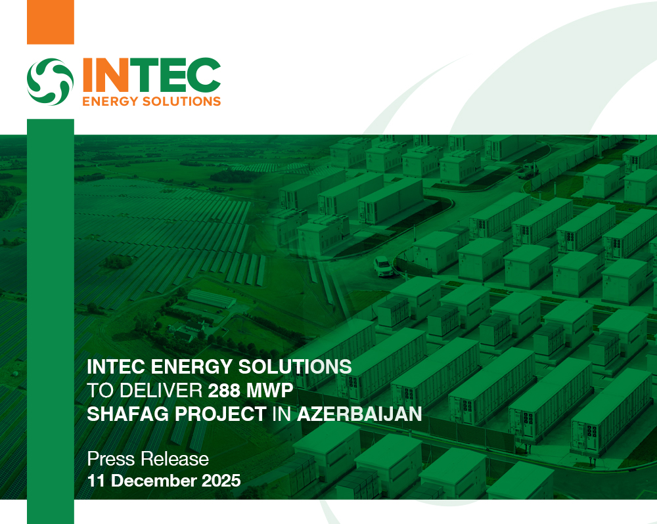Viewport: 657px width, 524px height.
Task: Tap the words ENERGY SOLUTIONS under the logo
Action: [150, 101]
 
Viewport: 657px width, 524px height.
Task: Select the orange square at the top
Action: [50, 22]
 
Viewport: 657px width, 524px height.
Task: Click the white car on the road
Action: [384, 266]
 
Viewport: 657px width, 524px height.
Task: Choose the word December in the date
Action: [152, 481]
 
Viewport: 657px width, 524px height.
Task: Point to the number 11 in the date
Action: [97, 481]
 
